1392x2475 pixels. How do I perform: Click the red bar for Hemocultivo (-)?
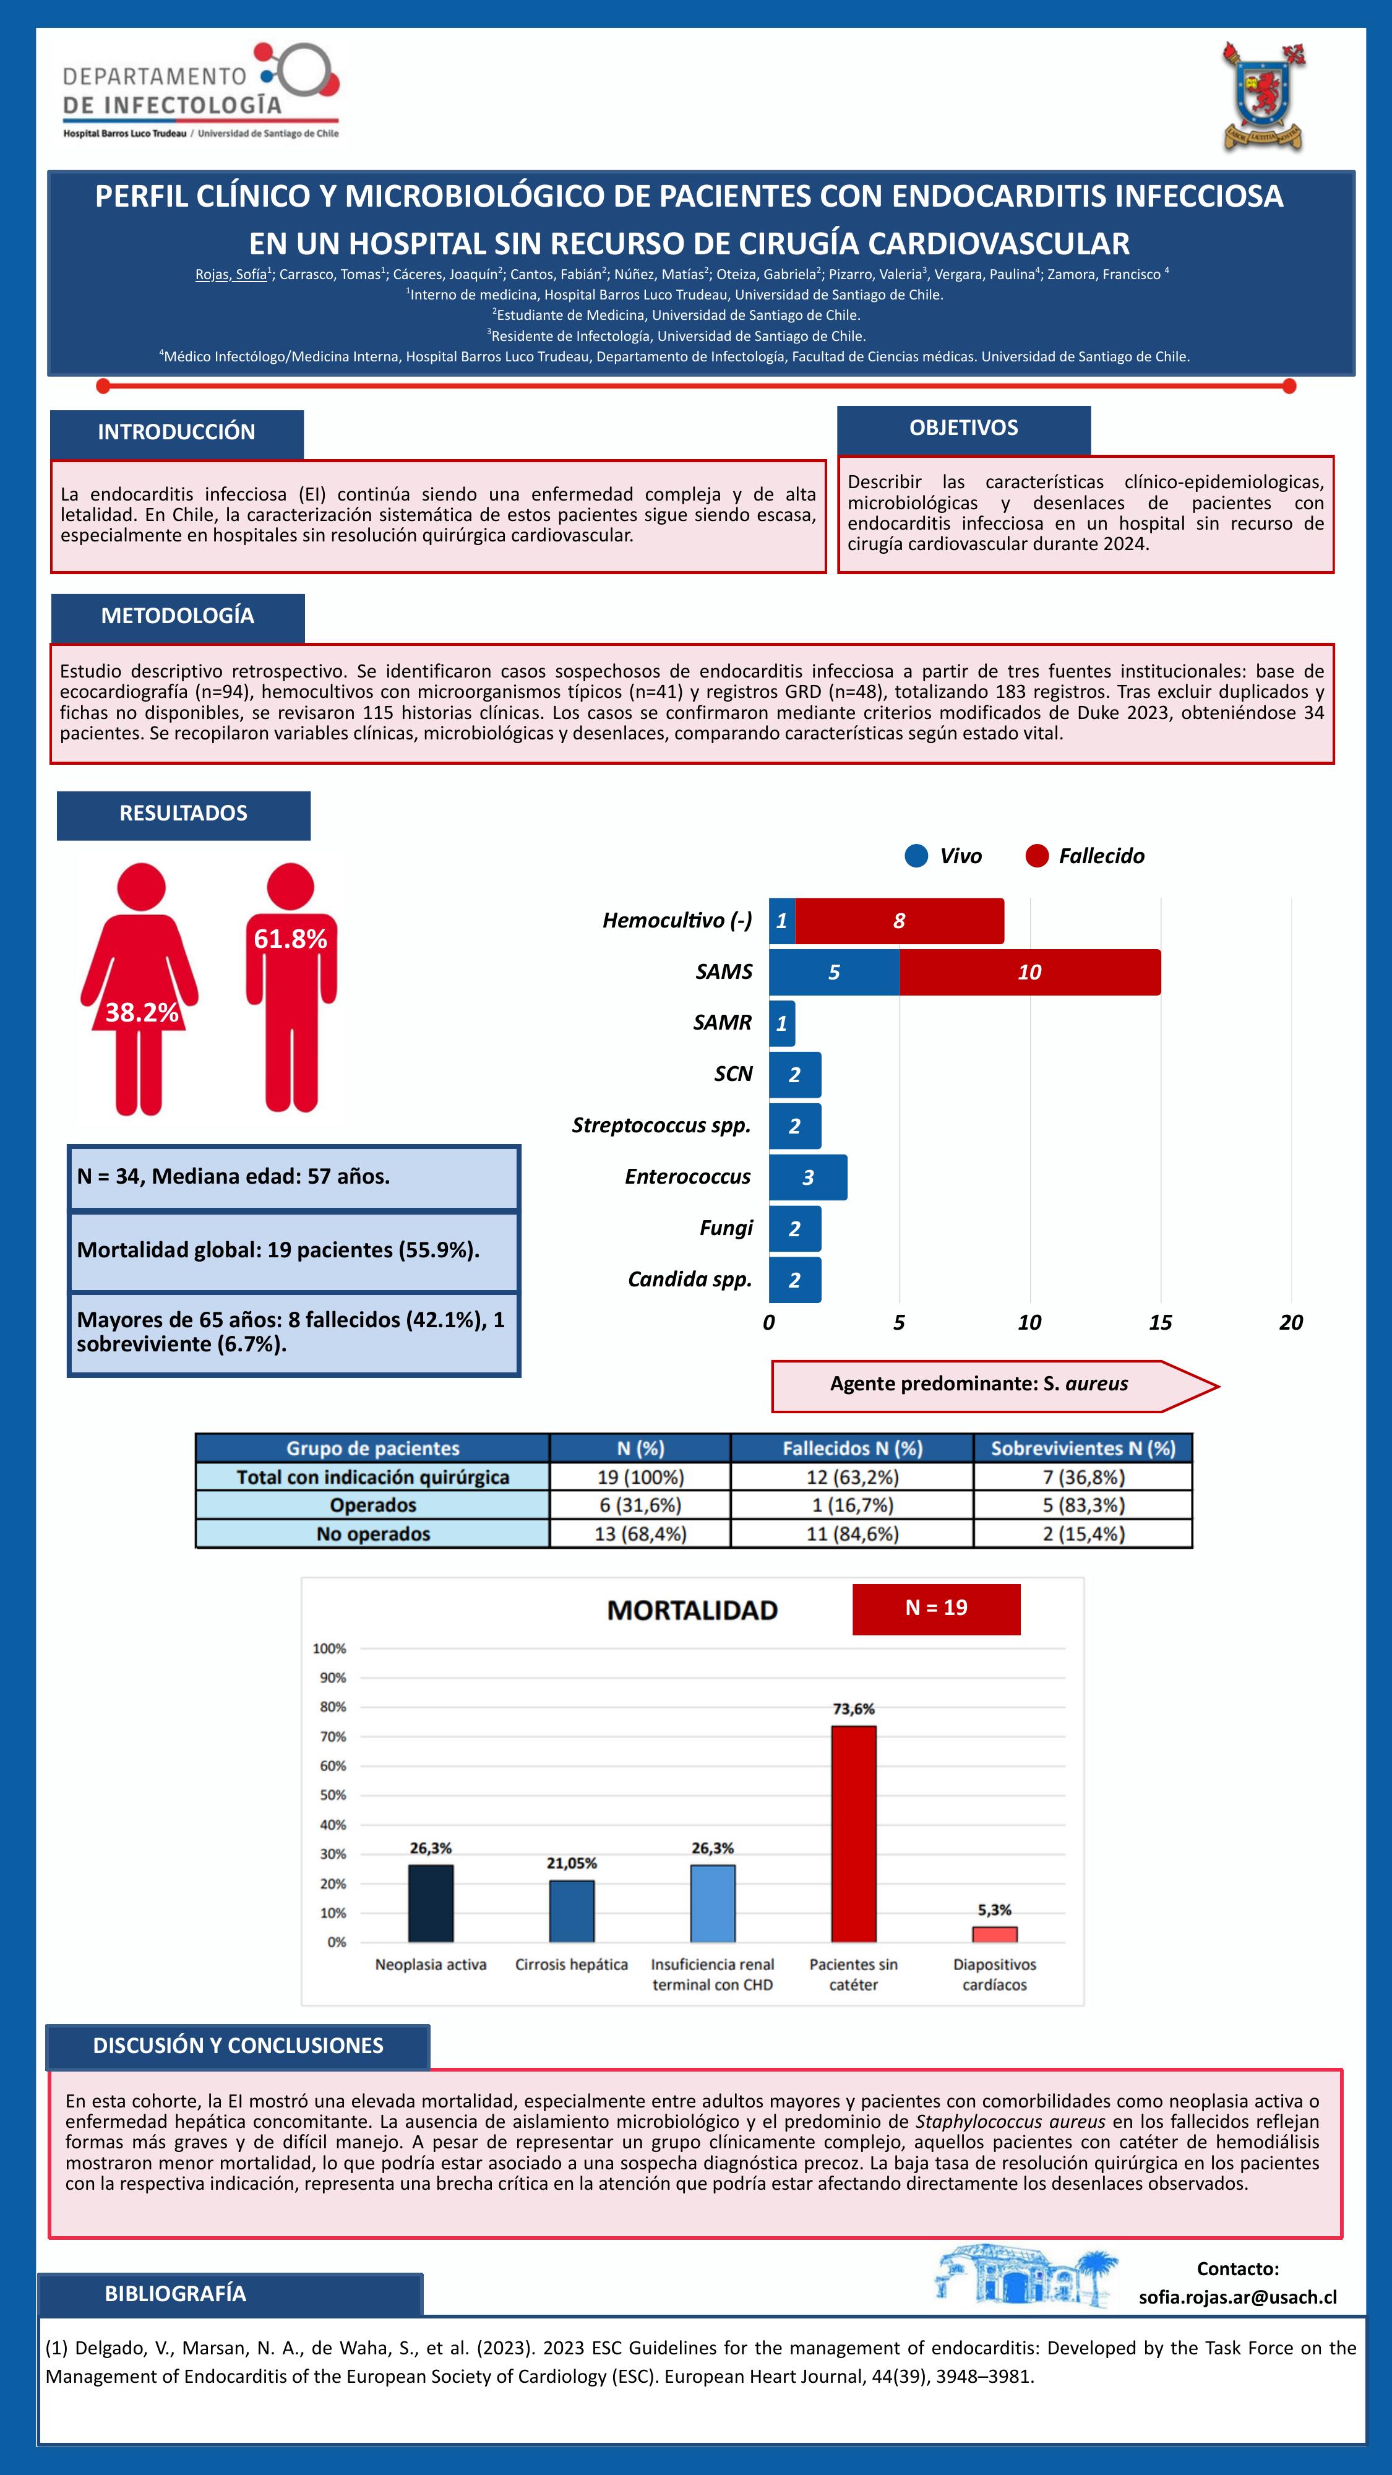(899, 921)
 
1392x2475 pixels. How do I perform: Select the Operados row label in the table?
(372, 1505)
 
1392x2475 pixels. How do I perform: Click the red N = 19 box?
(935, 1608)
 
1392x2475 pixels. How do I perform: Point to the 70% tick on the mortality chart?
(332, 1736)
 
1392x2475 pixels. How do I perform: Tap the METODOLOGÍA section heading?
(178, 616)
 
